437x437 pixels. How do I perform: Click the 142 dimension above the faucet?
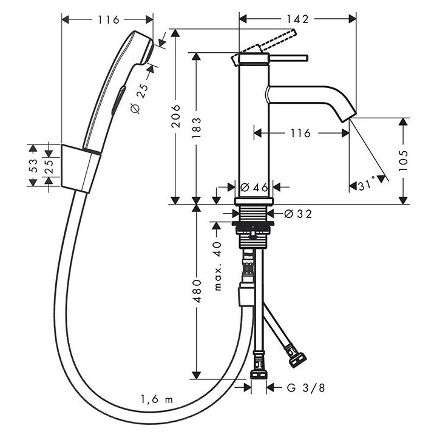coord(297,19)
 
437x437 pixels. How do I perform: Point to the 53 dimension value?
coord(34,166)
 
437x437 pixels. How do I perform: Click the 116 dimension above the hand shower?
coord(107,19)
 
